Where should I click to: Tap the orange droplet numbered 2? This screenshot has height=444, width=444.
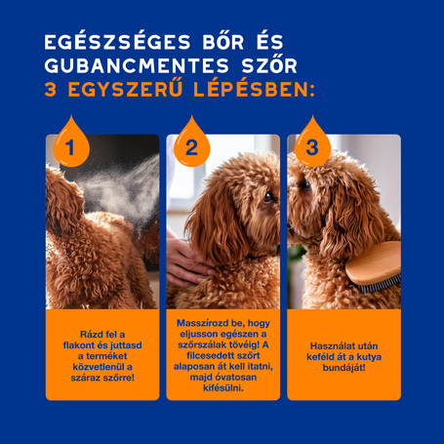(x=191, y=146)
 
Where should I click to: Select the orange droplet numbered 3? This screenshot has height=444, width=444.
(x=312, y=146)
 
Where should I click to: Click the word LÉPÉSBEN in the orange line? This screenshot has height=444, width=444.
(x=252, y=90)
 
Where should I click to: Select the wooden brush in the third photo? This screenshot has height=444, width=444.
(x=374, y=267)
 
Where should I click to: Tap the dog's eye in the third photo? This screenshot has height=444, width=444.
(x=305, y=183)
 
